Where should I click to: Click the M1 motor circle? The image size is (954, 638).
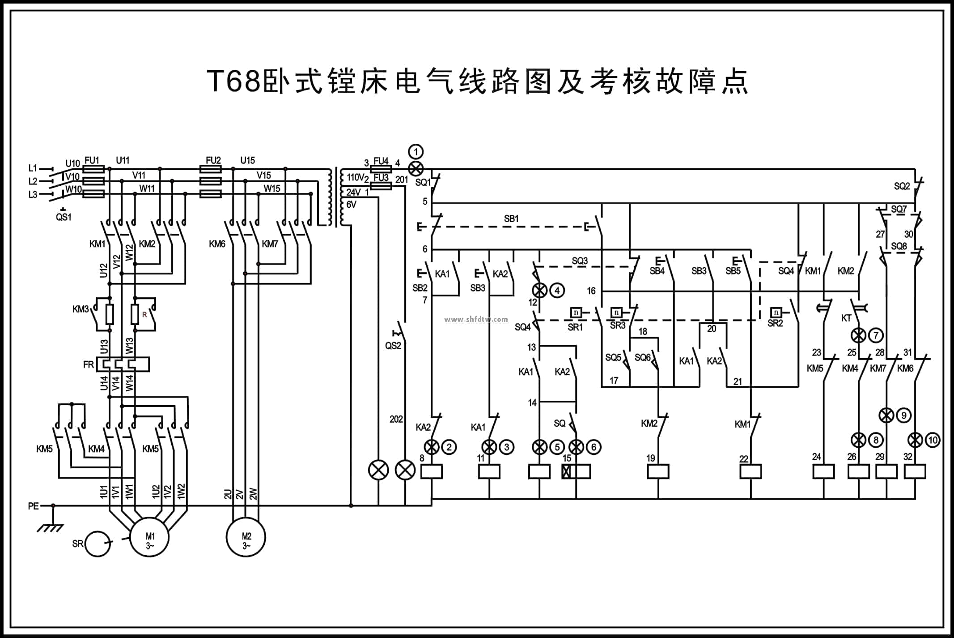(x=149, y=537)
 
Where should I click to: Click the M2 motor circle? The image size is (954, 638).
(x=246, y=537)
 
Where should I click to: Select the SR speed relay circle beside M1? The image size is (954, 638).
(x=98, y=544)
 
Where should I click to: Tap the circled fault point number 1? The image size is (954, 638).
(x=416, y=152)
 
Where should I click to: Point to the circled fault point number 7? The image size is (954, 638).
(x=876, y=335)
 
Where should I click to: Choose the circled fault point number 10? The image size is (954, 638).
(x=933, y=440)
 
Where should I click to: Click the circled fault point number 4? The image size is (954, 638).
(x=557, y=291)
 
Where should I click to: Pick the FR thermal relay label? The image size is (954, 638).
(x=88, y=365)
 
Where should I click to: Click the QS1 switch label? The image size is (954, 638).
(x=64, y=217)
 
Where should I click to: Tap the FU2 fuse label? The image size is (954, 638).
(x=213, y=160)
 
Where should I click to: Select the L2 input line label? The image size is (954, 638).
(x=33, y=181)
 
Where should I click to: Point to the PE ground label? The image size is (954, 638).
(x=34, y=506)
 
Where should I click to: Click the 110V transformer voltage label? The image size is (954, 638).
(x=356, y=178)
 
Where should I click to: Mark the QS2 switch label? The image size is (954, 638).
(x=393, y=346)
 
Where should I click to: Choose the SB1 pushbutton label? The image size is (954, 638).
(x=511, y=219)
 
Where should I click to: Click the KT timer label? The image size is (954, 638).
(x=846, y=318)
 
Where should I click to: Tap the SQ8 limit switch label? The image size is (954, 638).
(x=899, y=246)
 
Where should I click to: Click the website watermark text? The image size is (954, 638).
(x=476, y=320)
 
